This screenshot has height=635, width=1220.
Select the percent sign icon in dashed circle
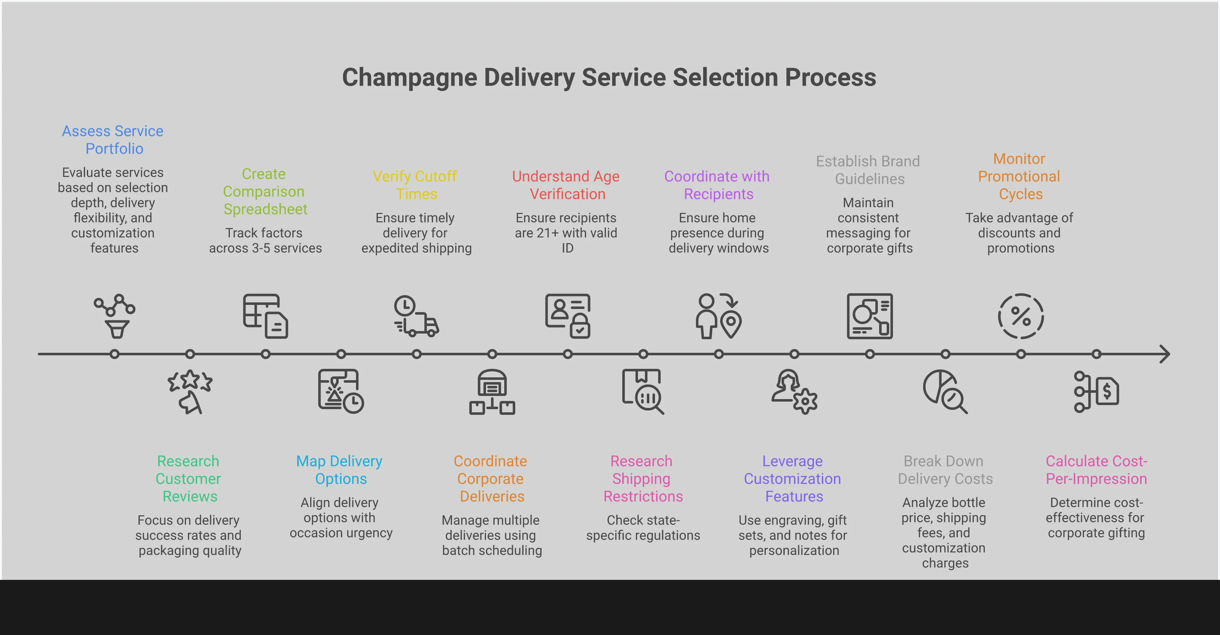click(x=1021, y=316)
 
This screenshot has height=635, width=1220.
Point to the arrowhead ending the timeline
click(x=1165, y=354)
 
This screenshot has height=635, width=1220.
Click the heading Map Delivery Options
click(x=340, y=470)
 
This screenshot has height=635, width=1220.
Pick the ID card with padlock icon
click(x=568, y=316)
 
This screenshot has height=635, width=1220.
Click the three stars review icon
click(x=190, y=392)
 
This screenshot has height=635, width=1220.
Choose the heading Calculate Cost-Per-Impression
click(x=1096, y=470)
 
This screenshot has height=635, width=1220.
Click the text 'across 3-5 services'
click(x=265, y=248)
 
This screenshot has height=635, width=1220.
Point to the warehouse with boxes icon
click(x=492, y=392)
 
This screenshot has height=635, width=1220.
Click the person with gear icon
click(x=794, y=392)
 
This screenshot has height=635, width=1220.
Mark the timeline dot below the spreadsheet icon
click(x=266, y=354)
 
